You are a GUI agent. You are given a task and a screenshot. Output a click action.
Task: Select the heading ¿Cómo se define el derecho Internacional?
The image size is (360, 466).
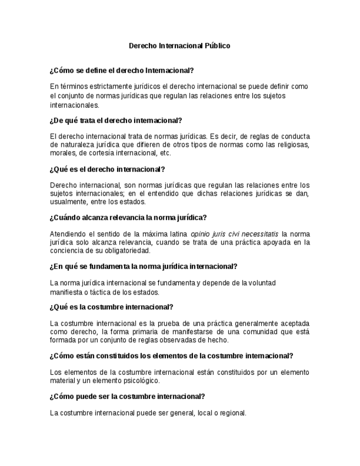[x=121, y=70]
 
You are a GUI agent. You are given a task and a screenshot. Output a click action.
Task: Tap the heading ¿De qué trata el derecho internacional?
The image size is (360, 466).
[x=115, y=120]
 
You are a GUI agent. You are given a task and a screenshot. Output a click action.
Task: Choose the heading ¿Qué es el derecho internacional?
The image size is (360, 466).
[x=107, y=169]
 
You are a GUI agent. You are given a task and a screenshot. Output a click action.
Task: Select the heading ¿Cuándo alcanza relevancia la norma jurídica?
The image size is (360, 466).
[x=128, y=218]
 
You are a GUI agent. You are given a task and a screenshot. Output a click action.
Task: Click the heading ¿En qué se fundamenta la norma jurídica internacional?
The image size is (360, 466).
[x=143, y=267]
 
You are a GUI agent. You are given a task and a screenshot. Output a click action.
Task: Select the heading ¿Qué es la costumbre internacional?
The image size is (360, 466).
[x=111, y=307]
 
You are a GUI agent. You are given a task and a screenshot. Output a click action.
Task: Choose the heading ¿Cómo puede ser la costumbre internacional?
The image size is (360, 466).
[x=127, y=396]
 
